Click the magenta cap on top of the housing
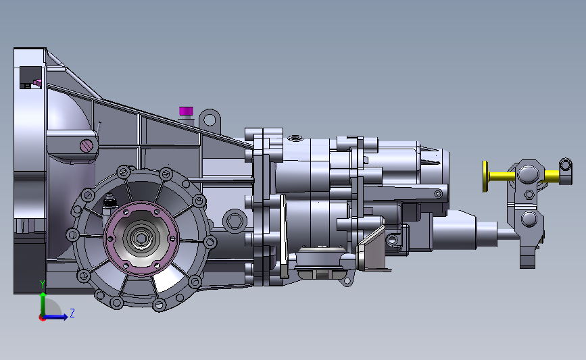tap(186, 111)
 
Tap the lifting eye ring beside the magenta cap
tap(210, 120)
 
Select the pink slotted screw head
tap(87, 145)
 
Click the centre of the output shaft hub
tap(141, 238)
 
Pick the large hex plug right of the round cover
tap(235, 221)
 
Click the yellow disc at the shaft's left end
tap(485, 176)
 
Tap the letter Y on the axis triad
tap(43, 284)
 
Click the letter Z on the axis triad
tap(72, 313)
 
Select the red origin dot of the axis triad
tap(42, 318)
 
